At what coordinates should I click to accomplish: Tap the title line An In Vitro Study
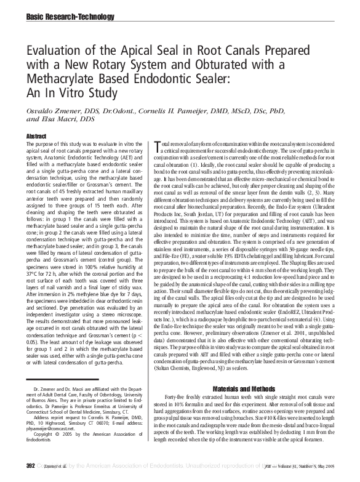71,94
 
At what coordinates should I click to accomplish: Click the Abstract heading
36,135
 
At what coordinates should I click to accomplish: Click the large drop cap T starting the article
160,145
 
